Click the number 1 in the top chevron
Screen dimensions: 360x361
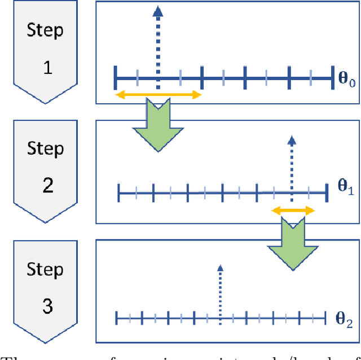[48, 68]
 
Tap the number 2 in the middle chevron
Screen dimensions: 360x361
[48, 185]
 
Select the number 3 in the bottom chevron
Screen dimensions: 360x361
[48, 306]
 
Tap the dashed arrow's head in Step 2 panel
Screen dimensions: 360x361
[292, 140]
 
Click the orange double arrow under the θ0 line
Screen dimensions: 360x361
[158, 95]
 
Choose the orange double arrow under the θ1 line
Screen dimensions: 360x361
[293, 210]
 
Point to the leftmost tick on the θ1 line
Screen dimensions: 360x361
[119, 193]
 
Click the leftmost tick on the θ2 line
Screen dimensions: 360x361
[116, 318]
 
